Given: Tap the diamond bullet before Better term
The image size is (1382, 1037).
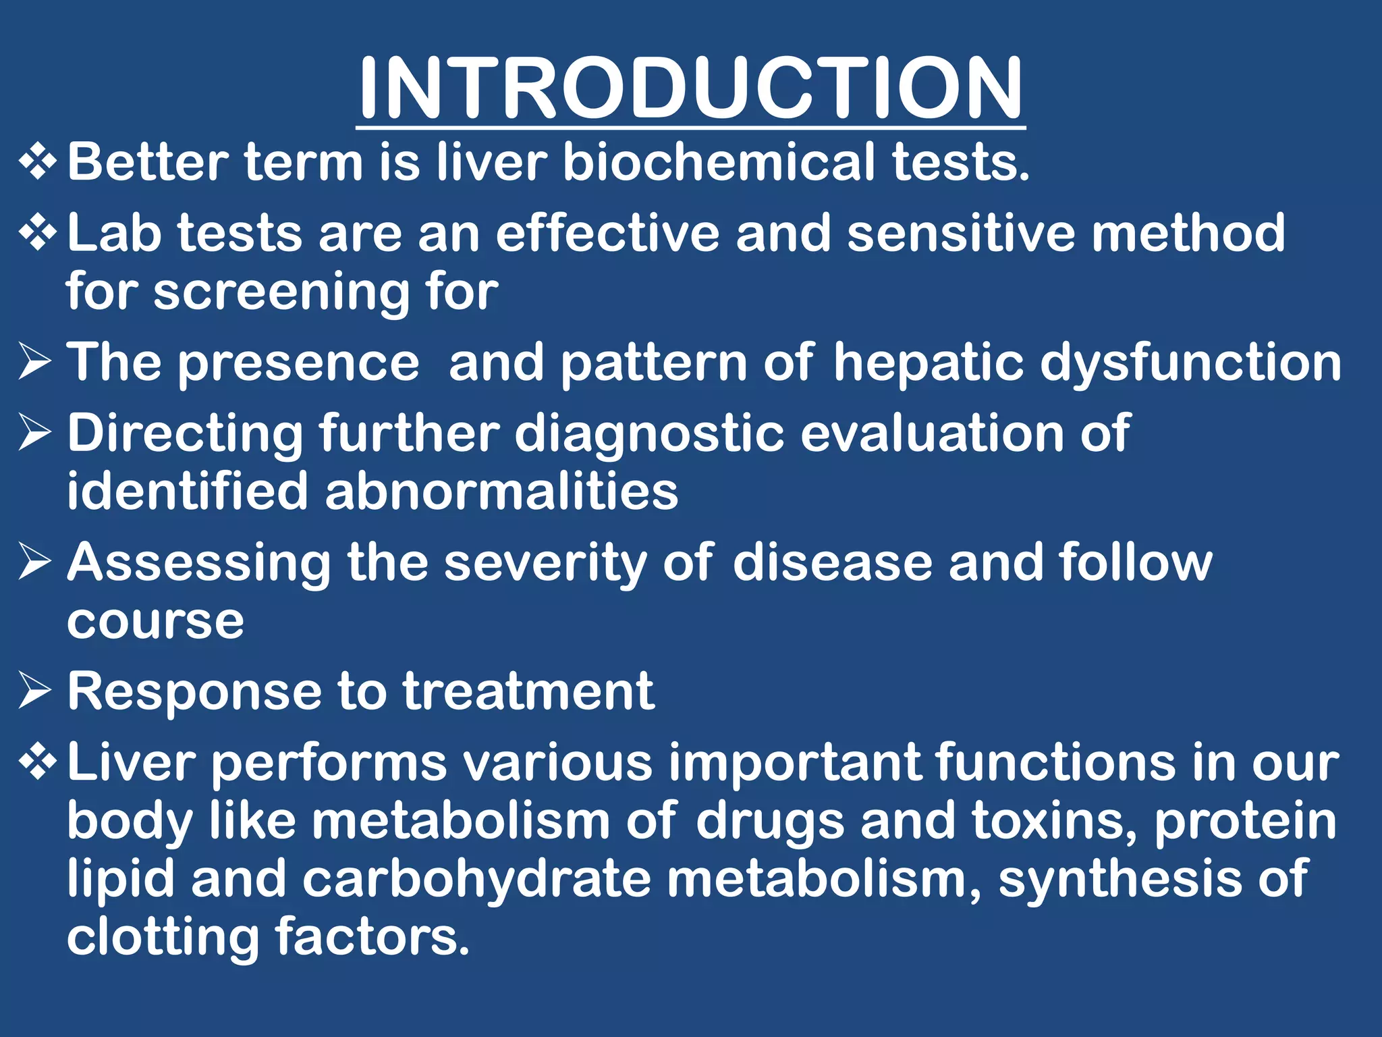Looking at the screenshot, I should [x=38, y=163].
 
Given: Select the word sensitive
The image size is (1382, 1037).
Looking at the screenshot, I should [x=961, y=233].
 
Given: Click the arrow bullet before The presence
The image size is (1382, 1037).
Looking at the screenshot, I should [x=36, y=361].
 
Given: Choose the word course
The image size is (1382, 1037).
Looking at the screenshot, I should [x=155, y=621].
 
